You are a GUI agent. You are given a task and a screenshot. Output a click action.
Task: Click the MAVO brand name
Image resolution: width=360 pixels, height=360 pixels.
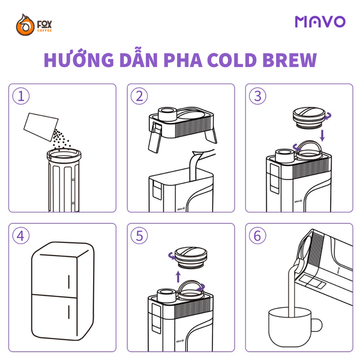320,22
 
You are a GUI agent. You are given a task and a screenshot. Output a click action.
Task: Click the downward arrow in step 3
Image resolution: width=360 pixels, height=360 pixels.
323,134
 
